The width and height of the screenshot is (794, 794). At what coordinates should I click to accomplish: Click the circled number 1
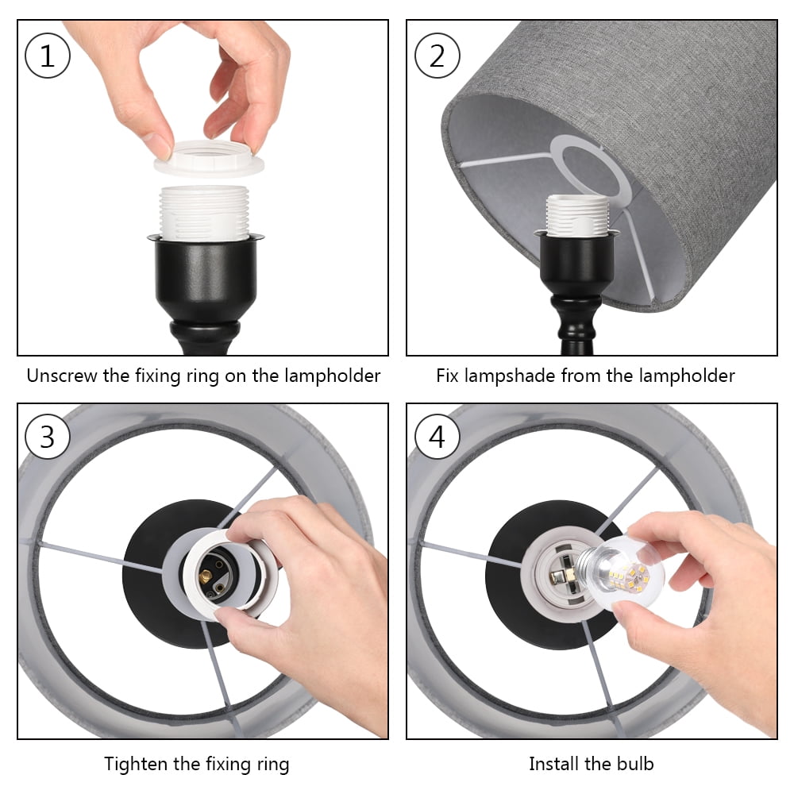(48, 56)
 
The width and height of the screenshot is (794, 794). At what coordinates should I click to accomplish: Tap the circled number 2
(437, 56)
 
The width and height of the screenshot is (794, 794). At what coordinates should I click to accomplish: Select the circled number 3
(47, 437)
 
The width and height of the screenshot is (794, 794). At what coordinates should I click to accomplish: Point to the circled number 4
(437, 437)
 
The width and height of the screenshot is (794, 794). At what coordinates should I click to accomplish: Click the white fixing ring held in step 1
(209, 159)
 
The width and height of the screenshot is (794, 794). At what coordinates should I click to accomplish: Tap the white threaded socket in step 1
(204, 213)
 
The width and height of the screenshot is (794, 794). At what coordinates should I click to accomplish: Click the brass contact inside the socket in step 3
(206, 576)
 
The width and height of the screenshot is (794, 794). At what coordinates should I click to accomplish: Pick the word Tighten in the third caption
(136, 764)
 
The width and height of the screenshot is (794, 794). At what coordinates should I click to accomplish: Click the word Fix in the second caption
(447, 376)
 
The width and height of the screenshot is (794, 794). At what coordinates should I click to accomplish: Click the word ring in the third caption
(273, 765)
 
